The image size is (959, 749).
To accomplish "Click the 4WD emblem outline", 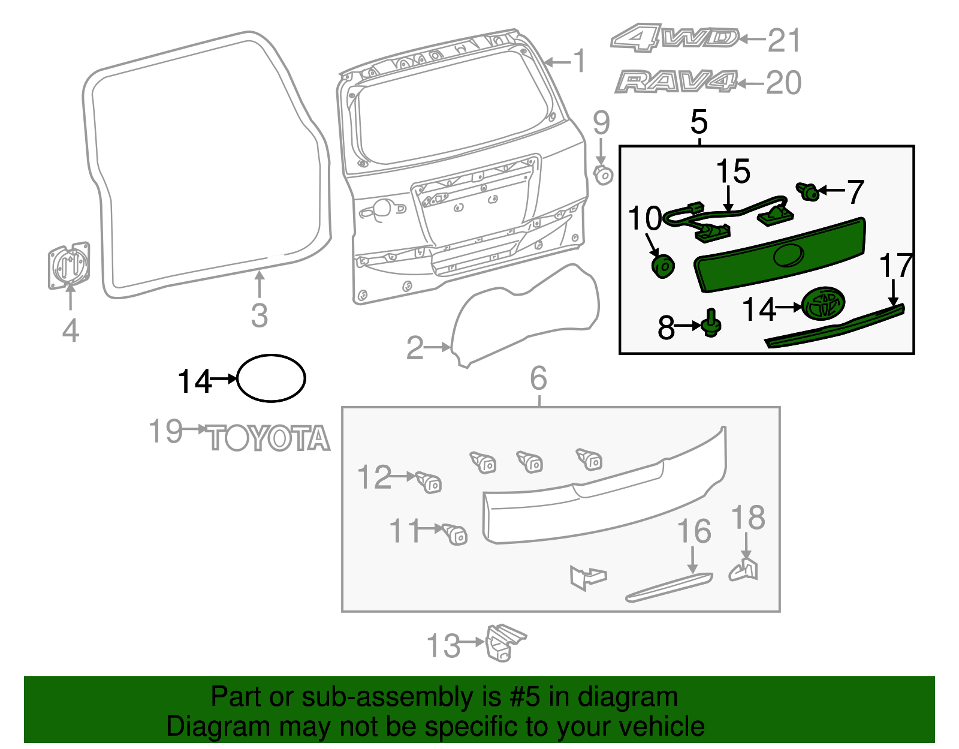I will (x=674, y=38).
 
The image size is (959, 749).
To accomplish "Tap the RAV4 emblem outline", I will (x=675, y=82).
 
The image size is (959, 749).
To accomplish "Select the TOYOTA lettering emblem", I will (x=269, y=438).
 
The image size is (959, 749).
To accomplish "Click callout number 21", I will (x=784, y=41).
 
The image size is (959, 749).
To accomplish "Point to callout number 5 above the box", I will (x=699, y=122).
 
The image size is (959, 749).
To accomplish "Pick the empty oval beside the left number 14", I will (x=272, y=378).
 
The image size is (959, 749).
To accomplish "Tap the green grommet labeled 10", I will (x=662, y=266).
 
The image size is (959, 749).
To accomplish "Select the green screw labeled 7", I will (x=809, y=192).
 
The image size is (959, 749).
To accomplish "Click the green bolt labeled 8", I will (x=711, y=324).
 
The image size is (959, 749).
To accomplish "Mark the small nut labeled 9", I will (x=602, y=175).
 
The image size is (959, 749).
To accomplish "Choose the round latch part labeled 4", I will (x=69, y=266).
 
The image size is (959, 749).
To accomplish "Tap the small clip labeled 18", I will (x=744, y=569).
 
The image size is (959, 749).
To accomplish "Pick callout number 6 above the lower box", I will (x=538, y=378).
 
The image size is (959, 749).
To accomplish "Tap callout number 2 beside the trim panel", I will (x=415, y=348).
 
